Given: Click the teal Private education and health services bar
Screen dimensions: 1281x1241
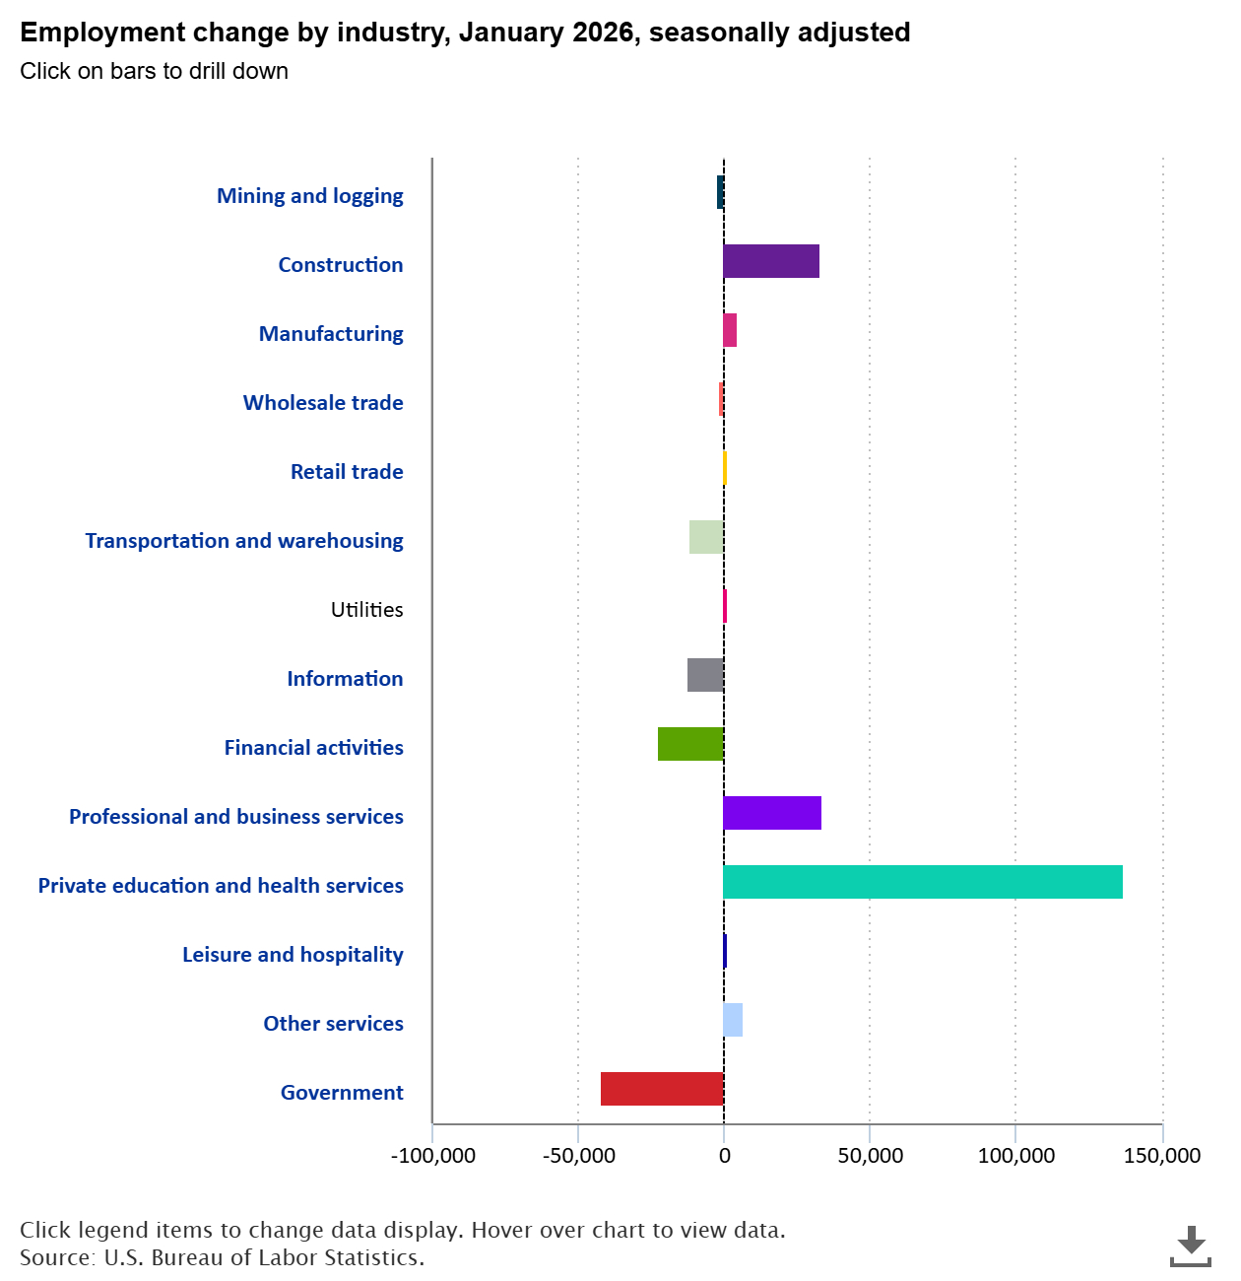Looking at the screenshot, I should [x=923, y=882].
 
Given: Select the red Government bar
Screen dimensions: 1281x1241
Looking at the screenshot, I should [x=662, y=1089].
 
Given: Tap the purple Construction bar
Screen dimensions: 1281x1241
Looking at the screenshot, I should [x=771, y=261].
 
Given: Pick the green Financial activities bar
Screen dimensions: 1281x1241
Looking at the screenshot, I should [x=690, y=744].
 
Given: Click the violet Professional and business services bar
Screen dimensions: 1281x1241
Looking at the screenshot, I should [x=772, y=813].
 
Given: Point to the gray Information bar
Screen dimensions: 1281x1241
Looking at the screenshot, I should [x=705, y=675].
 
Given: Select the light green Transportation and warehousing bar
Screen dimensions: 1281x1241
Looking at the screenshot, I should [x=706, y=537].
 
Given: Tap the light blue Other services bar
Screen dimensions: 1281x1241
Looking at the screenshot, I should [x=733, y=1020].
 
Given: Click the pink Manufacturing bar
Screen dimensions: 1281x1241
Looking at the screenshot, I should [x=730, y=330].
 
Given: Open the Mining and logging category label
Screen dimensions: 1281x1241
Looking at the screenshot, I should [x=309, y=196].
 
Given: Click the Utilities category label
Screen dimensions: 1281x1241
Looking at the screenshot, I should [x=366, y=610].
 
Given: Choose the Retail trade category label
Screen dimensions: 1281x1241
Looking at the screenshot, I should [x=347, y=472].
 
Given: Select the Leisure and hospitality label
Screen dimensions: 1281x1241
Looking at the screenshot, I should [x=293, y=955].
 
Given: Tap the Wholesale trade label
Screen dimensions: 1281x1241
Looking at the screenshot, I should [x=323, y=403].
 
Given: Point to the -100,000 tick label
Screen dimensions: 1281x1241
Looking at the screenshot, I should [x=433, y=1156].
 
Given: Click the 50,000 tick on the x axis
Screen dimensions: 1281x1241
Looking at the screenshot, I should [x=870, y=1156].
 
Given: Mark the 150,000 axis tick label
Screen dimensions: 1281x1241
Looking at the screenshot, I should [x=1162, y=1156].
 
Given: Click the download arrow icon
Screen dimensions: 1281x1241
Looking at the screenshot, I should [x=1191, y=1246].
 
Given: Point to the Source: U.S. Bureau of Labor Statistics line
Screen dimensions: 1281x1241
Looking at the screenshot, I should [x=222, y=1258].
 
